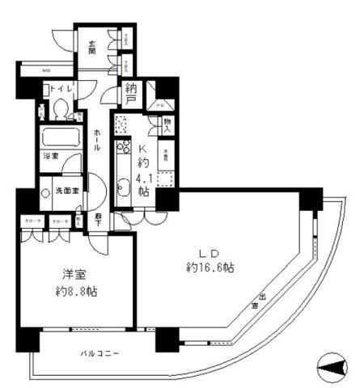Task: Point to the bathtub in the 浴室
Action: [x=60, y=137]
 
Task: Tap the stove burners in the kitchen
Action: [x=123, y=150]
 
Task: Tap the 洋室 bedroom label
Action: [x=66, y=273]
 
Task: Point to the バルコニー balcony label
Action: [x=100, y=353]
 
